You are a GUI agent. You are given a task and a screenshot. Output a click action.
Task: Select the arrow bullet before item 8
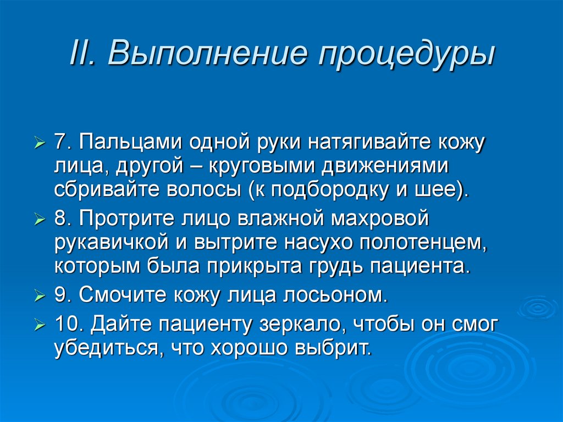click(39, 221)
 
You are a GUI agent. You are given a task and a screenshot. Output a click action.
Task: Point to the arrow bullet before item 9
click(39, 296)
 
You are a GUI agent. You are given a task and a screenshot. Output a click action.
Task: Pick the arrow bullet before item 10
click(39, 325)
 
